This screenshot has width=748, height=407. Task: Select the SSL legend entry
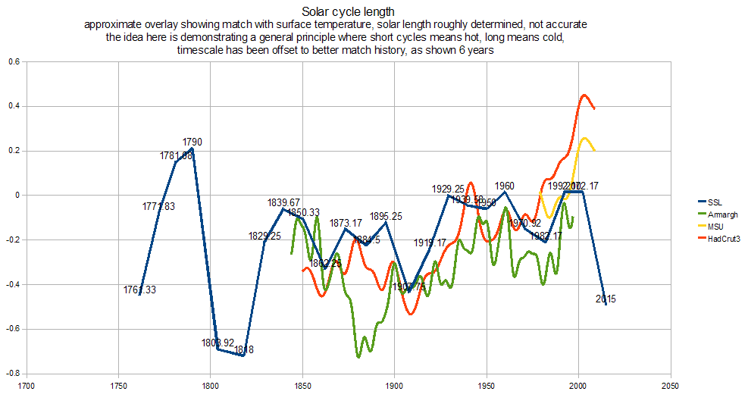[714, 202]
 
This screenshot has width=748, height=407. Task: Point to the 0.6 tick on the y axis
[13, 61]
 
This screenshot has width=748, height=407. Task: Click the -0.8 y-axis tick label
[11, 374]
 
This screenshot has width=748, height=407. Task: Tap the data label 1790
[192, 142]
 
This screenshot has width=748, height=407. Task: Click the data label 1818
[244, 349]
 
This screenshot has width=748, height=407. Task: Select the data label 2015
[606, 299]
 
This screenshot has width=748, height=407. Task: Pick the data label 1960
[505, 186]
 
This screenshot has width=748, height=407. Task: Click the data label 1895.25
[386, 216]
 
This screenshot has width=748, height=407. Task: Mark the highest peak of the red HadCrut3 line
[584, 95]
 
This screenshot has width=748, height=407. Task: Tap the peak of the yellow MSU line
[584, 138]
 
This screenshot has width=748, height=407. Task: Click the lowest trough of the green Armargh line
[358, 356]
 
